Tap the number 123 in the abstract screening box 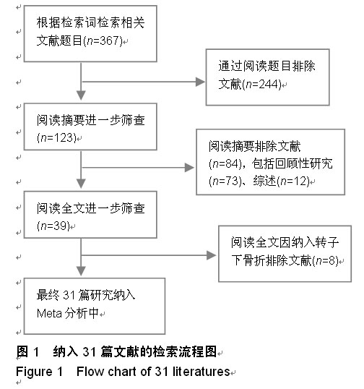tap(64, 137)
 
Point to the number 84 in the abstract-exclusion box tap(232, 163)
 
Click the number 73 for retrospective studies tap(232, 181)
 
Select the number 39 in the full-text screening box tap(60, 226)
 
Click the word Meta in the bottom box tap(49, 313)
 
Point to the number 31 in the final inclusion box tap(69, 295)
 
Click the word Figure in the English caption tap(34, 372)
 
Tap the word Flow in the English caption tap(90, 372)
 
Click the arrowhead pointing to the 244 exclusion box tap(200, 82)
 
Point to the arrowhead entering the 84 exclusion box tap(189, 168)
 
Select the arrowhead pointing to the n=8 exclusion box tap(211, 255)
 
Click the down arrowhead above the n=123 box tap(81, 95)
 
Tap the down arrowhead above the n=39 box tap(81, 184)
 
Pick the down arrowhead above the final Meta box tap(81, 271)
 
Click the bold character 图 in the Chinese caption tap(22, 351)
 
